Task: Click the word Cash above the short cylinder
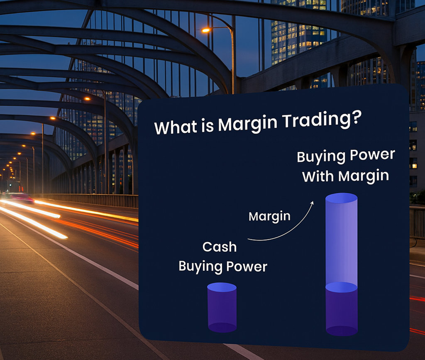[x=220, y=247]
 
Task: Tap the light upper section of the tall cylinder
[x=341, y=241]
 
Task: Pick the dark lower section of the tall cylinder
[x=342, y=309]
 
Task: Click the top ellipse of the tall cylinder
[x=341, y=198]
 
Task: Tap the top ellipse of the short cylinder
[x=222, y=287]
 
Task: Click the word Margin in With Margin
[x=363, y=176]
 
